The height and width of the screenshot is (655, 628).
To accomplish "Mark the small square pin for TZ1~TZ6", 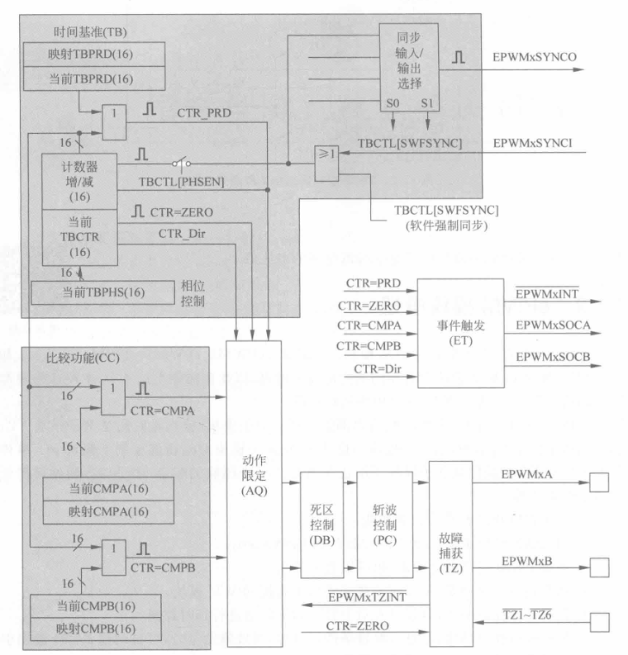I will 597,621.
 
